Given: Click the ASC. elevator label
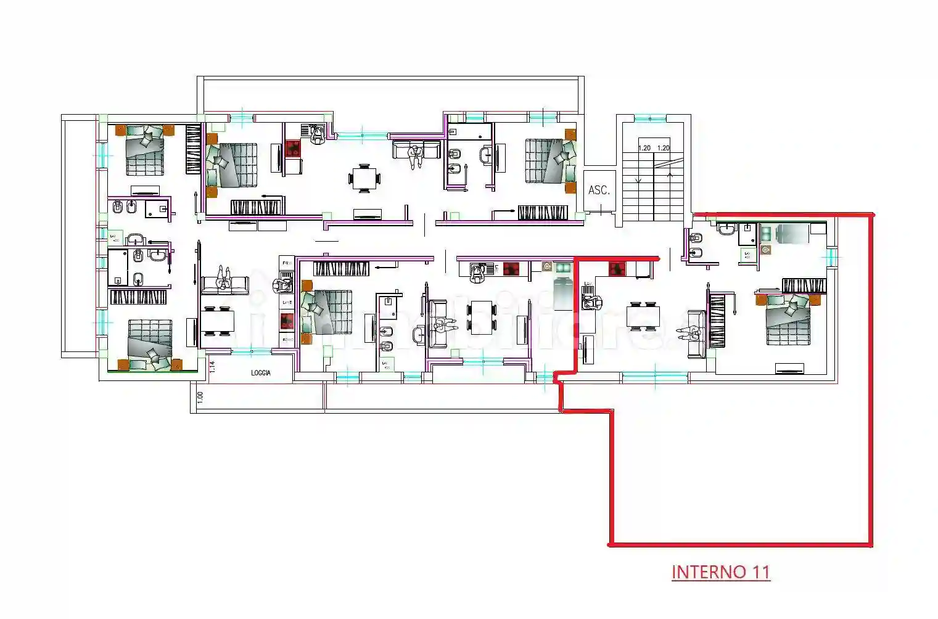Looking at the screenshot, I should (x=599, y=191).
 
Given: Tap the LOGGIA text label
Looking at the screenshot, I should (x=261, y=373).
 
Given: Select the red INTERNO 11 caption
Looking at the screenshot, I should (x=720, y=572).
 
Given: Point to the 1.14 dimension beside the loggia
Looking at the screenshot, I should (x=212, y=367).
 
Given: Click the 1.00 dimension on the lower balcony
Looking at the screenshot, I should (x=200, y=398).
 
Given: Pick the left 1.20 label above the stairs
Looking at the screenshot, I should (x=644, y=148).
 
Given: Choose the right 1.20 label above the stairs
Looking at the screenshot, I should (x=664, y=148).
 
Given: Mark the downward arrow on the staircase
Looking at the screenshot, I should (x=638, y=179).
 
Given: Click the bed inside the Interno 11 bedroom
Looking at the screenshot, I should (x=788, y=319).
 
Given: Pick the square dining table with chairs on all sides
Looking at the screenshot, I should (x=365, y=179).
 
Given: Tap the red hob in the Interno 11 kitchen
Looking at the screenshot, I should (x=617, y=269).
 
